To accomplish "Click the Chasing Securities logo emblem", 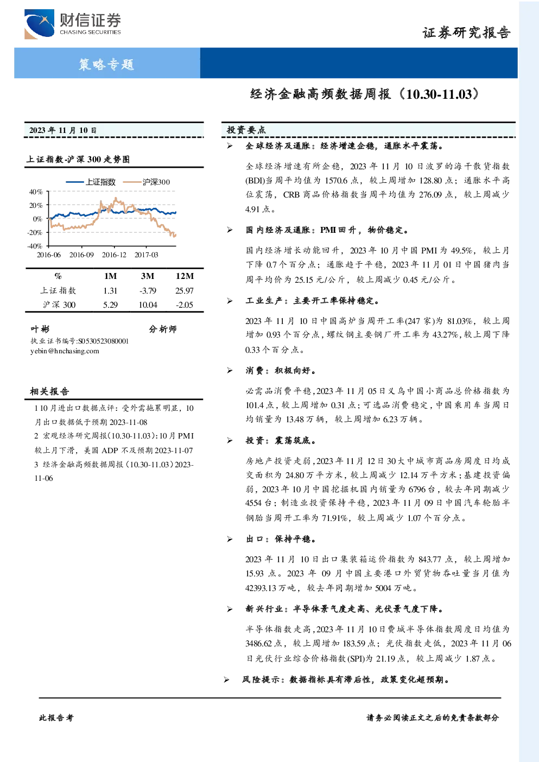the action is pos(39,23).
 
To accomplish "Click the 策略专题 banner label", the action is pos(106,64).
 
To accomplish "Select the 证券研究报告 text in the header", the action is pos(466,33).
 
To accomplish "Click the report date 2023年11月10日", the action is pos(63,130).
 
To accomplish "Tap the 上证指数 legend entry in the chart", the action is pos(91,182).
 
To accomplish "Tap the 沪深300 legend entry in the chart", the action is pos(147,182).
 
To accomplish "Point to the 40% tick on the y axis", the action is pos(36,192).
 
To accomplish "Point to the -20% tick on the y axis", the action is pos(35,233).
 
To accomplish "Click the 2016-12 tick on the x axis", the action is pos(114,255).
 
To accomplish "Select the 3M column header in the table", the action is pos(148,276).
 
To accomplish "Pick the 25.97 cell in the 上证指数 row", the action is pos(185,291).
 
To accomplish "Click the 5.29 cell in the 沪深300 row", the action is pos(111,305).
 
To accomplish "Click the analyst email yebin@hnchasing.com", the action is pos(65,351).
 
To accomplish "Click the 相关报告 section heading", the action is pos(49,391).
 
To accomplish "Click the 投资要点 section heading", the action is pos(246,130).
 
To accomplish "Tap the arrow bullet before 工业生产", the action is pos(230,301).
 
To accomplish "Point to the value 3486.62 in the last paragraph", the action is pos(258,644).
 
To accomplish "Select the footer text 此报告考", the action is pos(56,718).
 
